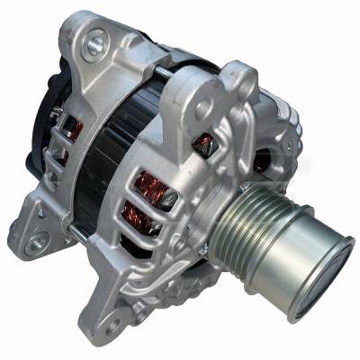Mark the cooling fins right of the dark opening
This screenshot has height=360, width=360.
pos(286,162)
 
